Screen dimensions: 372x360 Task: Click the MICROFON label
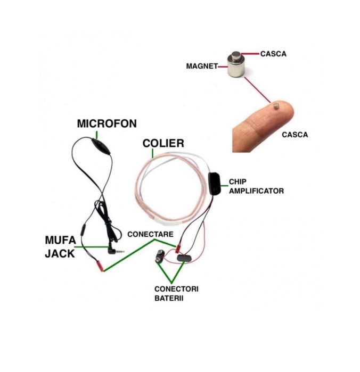click(107, 124)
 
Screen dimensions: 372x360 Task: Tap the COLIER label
click(163, 143)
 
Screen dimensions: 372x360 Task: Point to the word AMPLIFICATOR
click(256, 191)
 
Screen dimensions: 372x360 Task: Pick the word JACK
click(60, 253)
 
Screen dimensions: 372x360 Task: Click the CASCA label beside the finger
click(295, 135)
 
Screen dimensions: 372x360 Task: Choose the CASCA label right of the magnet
click(274, 54)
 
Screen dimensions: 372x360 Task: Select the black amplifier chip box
click(215, 183)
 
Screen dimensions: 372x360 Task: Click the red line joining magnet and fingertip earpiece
click(259, 91)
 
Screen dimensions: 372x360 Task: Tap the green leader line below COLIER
click(154, 154)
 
